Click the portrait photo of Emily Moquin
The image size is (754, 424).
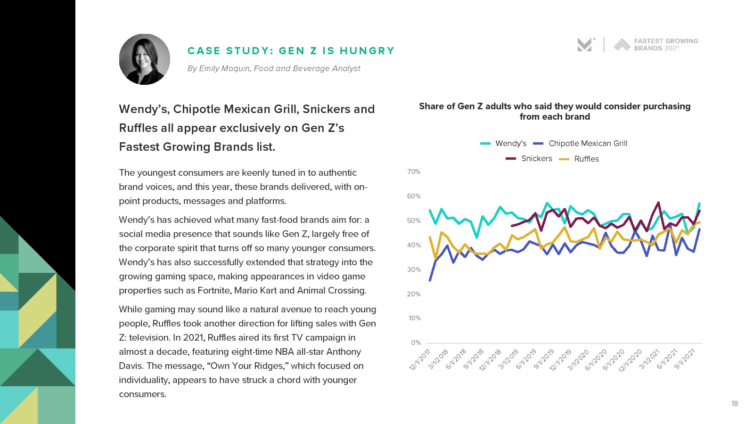click(x=145, y=59)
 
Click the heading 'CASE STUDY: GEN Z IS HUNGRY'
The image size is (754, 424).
click(x=291, y=51)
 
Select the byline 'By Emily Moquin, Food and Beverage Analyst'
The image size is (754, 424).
click(x=273, y=69)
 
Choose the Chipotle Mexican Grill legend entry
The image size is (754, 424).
click(x=581, y=143)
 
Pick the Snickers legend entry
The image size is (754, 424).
click(x=529, y=159)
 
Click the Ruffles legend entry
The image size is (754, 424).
click(x=579, y=159)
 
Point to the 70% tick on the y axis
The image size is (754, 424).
click(x=414, y=172)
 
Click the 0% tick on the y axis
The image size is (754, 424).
click(x=416, y=343)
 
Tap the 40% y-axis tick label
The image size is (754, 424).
click(x=414, y=245)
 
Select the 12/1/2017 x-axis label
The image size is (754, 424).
click(x=421, y=360)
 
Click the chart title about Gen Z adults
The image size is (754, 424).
click(x=555, y=112)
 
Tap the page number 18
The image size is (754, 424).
click(x=734, y=404)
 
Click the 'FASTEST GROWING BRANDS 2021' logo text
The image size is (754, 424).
click(x=665, y=45)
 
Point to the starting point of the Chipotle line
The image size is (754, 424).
click(x=430, y=281)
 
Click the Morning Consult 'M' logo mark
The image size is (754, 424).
click(x=584, y=45)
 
